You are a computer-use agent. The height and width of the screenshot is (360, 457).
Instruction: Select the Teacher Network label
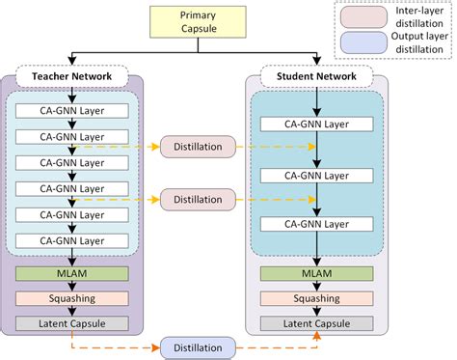tap(73, 76)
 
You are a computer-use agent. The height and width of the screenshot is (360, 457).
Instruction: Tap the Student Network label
tap(317, 76)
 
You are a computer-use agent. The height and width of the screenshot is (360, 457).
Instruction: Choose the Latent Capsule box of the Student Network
tap(317, 323)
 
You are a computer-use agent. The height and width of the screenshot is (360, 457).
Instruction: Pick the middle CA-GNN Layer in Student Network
tap(317, 176)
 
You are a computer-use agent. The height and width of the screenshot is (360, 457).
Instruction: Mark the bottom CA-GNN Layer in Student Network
tap(317, 224)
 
